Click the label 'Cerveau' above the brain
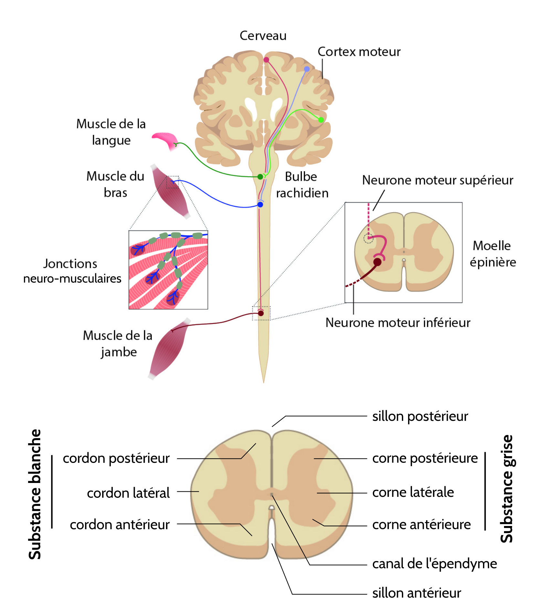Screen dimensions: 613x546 point(263,36)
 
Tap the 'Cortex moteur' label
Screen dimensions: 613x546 point(359,52)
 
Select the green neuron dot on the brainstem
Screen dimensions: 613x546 point(260,177)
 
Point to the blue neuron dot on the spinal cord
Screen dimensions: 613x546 point(260,204)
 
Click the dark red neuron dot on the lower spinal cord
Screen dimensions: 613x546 point(261,313)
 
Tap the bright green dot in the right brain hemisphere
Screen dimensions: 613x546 point(321,120)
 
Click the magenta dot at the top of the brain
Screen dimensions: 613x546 point(266,60)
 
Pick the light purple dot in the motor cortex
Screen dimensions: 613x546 point(307,69)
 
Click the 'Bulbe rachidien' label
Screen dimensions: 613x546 point(302,185)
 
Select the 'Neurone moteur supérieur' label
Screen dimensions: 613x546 point(437,180)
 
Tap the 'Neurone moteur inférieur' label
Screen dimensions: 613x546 point(398,323)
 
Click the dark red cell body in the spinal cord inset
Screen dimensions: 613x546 point(377,262)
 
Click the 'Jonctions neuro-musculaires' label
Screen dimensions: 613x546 point(72,271)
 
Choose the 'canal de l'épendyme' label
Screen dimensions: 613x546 point(434,564)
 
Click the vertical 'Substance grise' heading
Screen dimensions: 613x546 point(507,488)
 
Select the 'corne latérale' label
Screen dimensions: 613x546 point(413,492)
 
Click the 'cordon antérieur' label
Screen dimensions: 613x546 point(120,525)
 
